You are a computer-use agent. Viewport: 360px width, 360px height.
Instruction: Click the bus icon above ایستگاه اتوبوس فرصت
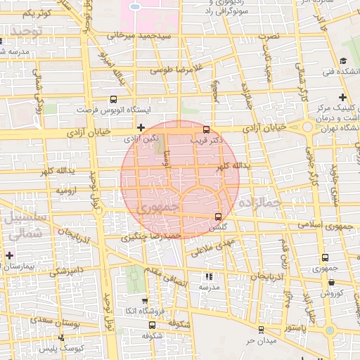click(x=115, y=100)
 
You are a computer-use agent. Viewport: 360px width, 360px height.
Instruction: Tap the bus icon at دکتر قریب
click(x=206, y=129)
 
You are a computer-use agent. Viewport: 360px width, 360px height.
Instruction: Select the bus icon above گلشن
click(x=217, y=216)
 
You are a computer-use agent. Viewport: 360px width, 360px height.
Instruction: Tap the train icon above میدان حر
click(x=261, y=329)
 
